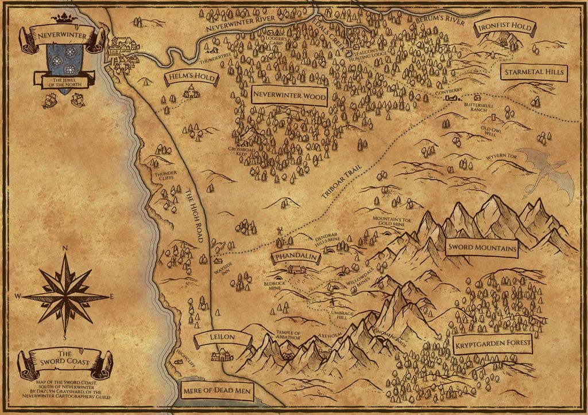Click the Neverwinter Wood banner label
pyautogui.click(x=289, y=96)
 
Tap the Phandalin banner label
pyautogui.click(x=296, y=257)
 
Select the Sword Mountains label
pyautogui.click(x=481, y=248)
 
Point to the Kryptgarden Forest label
pyautogui.click(x=492, y=346)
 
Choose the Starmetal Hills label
pyautogui.click(x=533, y=72)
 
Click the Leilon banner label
pyautogui.click(x=223, y=338)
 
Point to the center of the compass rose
pyautogui.click(x=65, y=296)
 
